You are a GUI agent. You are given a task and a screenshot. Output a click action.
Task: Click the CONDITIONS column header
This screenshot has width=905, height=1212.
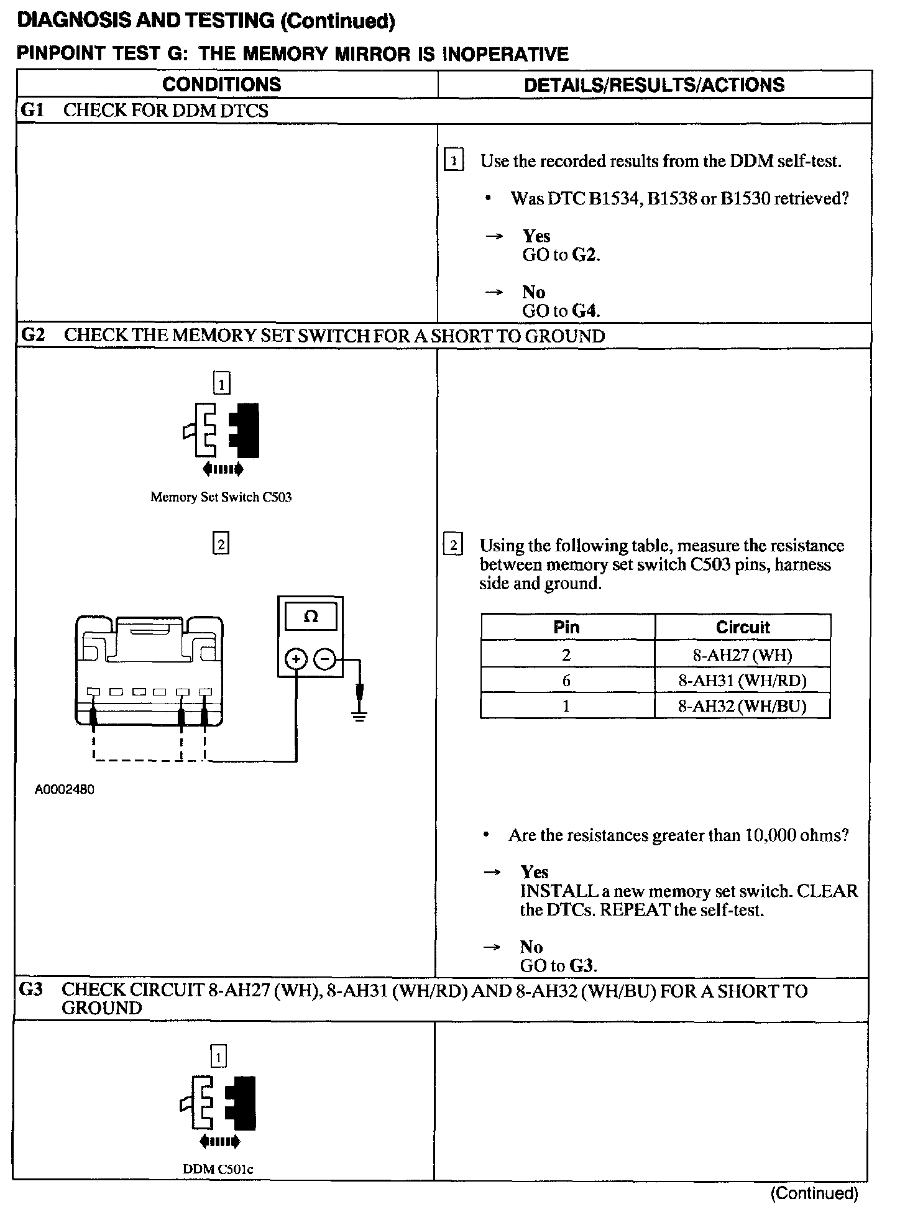pyautogui.click(x=222, y=85)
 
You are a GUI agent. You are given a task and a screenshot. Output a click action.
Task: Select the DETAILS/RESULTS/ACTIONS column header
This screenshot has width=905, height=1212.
pyautogui.click(x=654, y=85)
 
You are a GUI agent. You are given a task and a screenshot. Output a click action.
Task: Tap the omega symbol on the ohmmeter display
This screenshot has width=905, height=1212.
pyautogui.click(x=311, y=617)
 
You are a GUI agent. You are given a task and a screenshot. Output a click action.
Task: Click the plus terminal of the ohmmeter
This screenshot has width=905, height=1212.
pyautogui.click(x=296, y=659)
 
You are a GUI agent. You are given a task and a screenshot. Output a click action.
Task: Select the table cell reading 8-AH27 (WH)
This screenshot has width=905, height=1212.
pyautogui.click(x=742, y=654)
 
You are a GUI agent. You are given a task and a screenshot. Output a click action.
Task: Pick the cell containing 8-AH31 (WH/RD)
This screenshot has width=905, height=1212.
pyautogui.click(x=742, y=681)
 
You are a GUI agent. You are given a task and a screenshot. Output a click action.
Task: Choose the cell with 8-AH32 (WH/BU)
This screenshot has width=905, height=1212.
pyautogui.click(x=742, y=707)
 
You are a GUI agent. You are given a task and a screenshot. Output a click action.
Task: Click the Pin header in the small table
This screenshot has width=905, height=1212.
pyautogui.click(x=566, y=627)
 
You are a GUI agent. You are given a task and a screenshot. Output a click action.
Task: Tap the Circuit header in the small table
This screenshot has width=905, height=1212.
pyautogui.click(x=742, y=627)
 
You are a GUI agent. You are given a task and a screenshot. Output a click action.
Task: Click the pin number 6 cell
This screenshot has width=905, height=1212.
pyautogui.click(x=566, y=681)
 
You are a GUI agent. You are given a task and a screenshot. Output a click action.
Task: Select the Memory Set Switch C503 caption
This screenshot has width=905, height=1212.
pyautogui.click(x=221, y=497)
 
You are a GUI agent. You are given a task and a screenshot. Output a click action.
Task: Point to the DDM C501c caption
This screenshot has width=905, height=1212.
pyautogui.click(x=218, y=1169)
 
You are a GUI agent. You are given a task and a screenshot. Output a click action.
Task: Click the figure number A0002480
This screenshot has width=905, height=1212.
pyautogui.click(x=65, y=790)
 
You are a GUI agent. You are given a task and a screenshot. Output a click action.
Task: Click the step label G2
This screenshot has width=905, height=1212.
pyautogui.click(x=34, y=336)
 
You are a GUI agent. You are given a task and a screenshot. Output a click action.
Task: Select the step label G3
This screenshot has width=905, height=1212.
pyautogui.click(x=31, y=989)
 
